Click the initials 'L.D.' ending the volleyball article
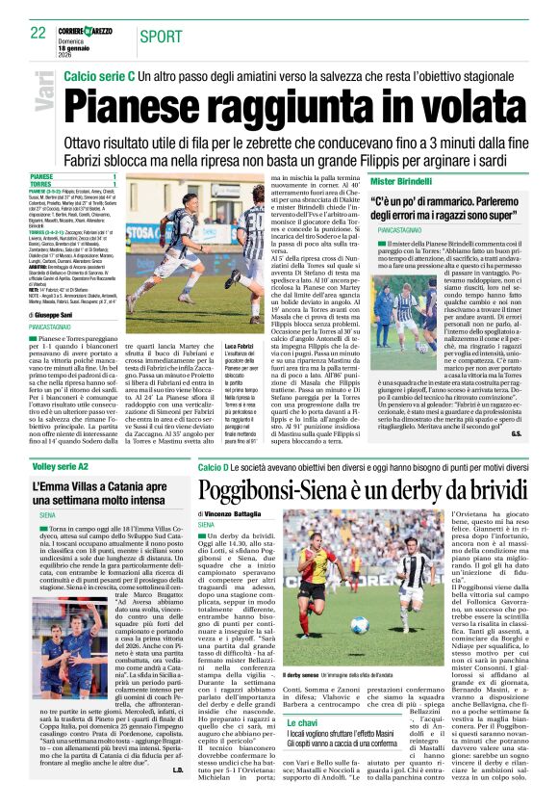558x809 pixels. (x=177, y=796)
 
